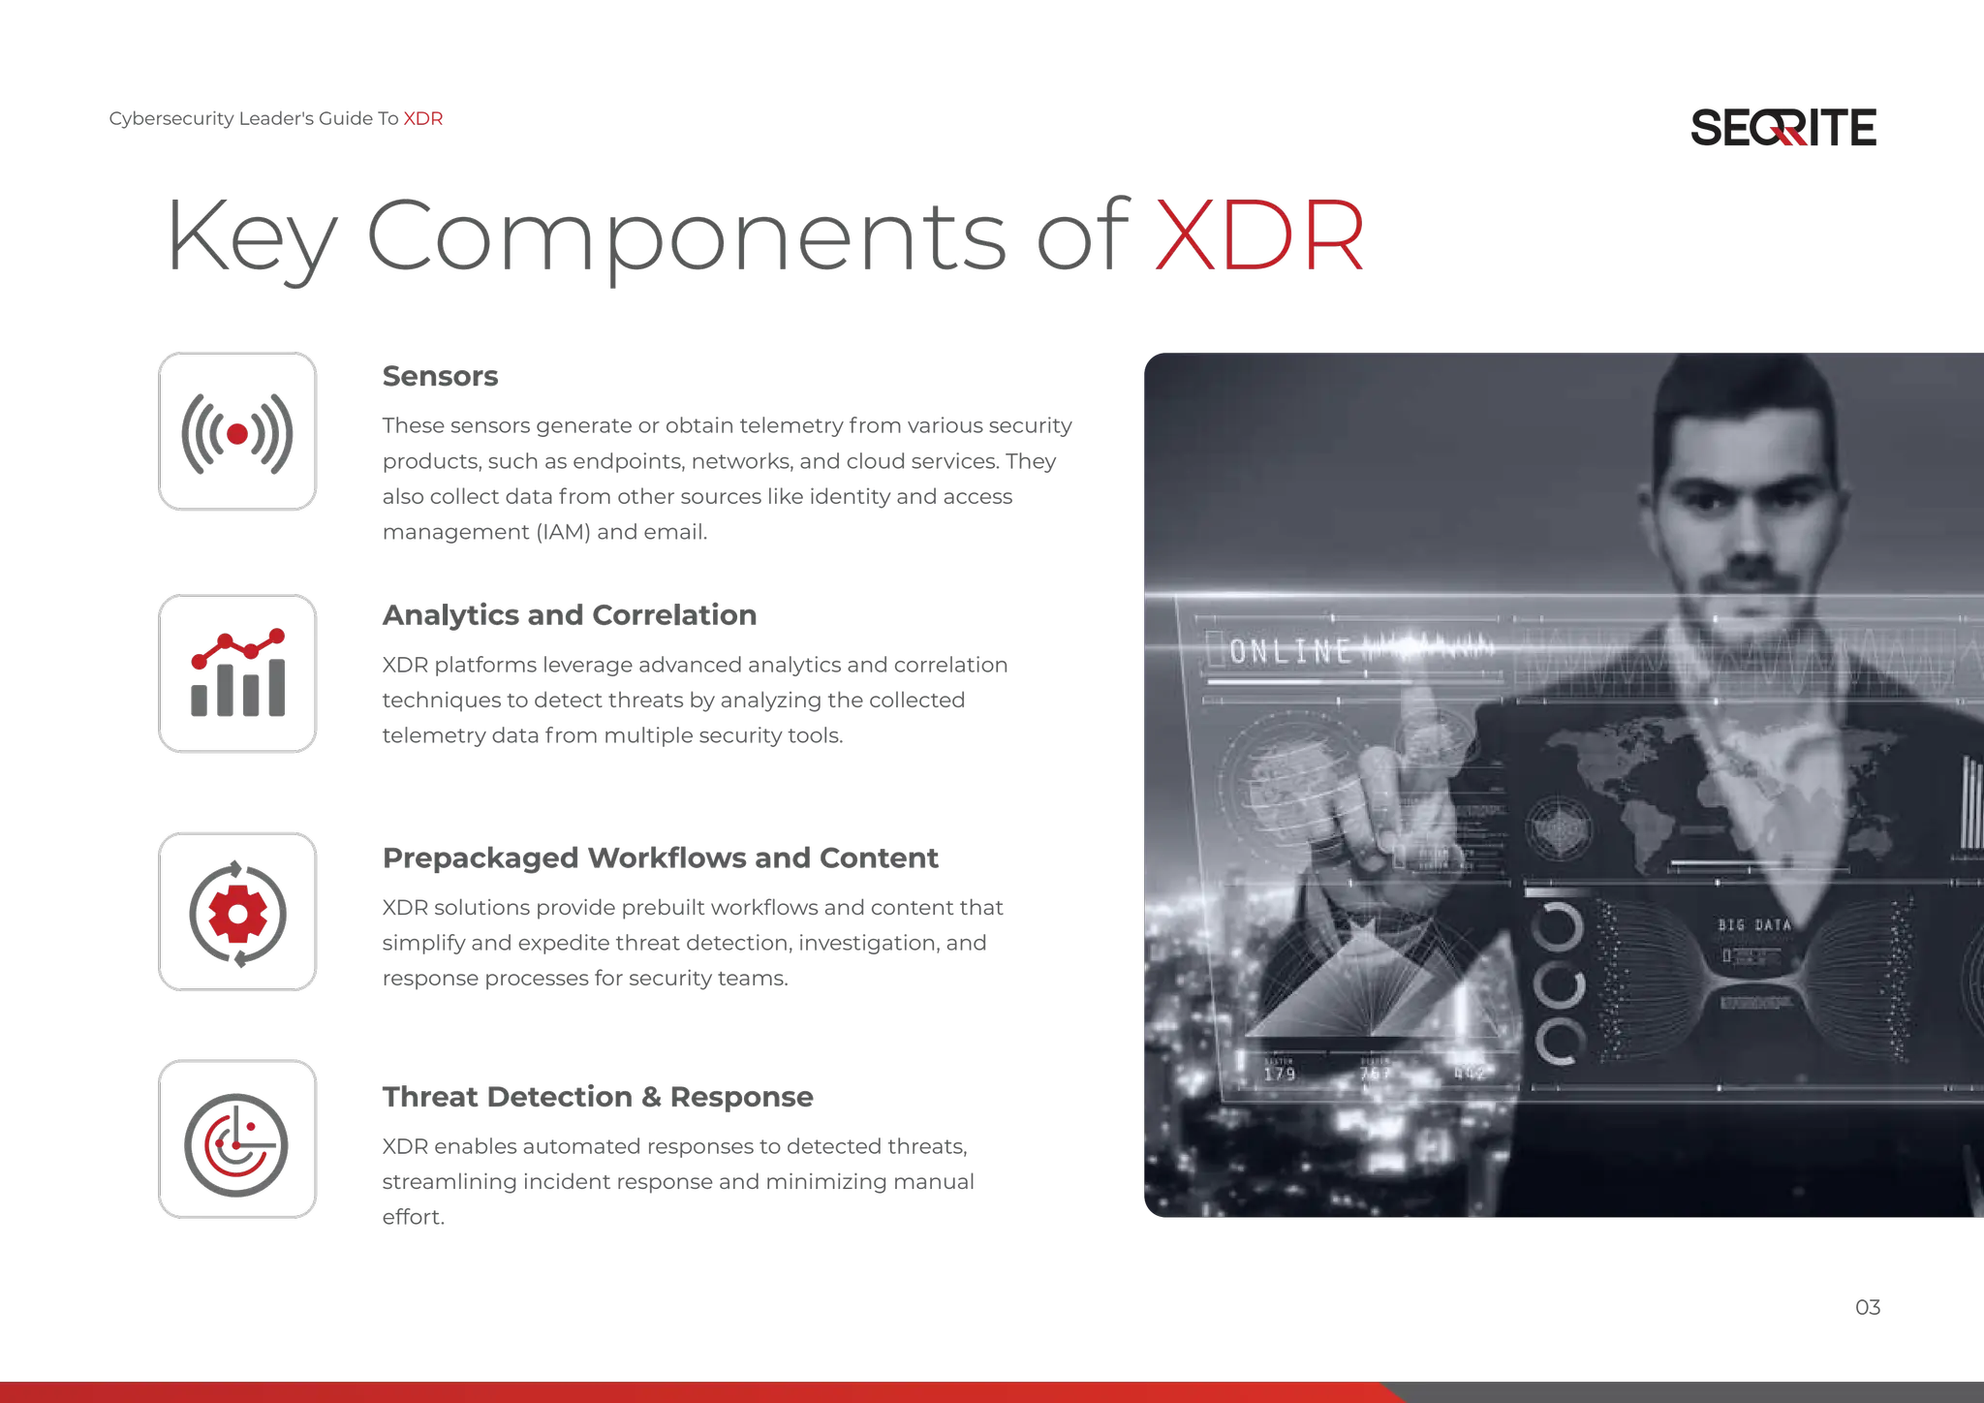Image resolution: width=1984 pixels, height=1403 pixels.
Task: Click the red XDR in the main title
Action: tap(1259, 235)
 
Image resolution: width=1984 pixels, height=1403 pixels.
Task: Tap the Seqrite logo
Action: tap(1783, 128)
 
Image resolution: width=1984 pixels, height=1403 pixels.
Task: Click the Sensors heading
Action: tap(440, 376)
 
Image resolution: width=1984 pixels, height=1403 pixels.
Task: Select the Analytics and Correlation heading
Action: tap(570, 615)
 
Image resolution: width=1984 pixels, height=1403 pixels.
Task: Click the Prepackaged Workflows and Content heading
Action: tap(659, 857)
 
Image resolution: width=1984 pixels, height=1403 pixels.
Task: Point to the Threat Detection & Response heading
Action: tap(597, 1097)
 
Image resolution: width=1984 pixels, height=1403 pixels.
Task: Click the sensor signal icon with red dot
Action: tap(236, 431)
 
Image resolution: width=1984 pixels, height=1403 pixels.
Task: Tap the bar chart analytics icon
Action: tap(236, 673)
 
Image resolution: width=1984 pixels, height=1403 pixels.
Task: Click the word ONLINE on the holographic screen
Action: tap(1290, 651)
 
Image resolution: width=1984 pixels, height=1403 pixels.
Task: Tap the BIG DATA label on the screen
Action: tap(1754, 925)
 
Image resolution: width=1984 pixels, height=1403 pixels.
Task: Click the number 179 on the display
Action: tap(1280, 1074)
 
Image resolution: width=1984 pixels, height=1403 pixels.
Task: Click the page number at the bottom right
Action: tap(1867, 1307)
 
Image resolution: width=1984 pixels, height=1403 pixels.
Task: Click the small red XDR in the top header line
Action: tap(422, 119)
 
